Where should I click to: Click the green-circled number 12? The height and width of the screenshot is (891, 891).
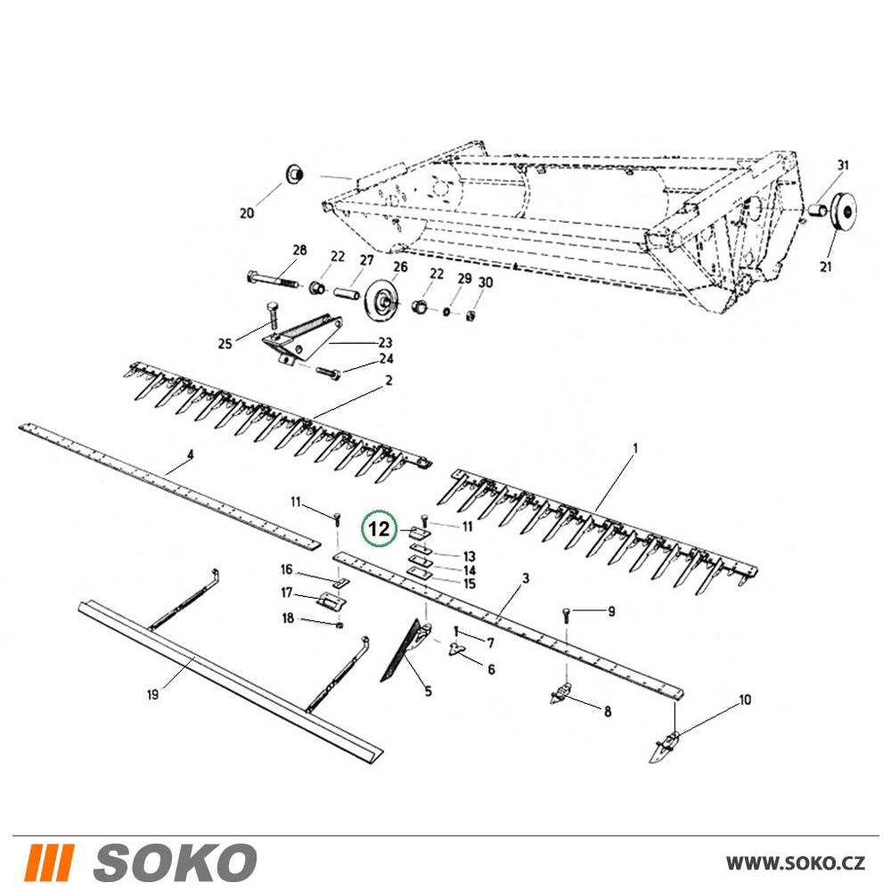(x=379, y=529)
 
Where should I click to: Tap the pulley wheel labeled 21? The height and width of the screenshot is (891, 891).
(x=844, y=212)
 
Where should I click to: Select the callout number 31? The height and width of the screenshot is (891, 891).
(x=843, y=166)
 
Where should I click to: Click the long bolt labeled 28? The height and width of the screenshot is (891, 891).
(x=274, y=280)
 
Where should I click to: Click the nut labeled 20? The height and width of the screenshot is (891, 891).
(x=294, y=173)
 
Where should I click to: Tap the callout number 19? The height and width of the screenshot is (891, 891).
(x=152, y=694)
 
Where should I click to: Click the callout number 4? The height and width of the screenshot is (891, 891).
(x=191, y=454)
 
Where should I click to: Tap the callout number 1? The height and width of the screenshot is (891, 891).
(x=635, y=449)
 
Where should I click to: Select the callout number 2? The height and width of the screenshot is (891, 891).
(x=388, y=380)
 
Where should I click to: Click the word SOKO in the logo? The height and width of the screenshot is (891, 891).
(x=175, y=862)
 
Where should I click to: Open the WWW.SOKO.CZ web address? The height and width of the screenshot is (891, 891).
(x=796, y=862)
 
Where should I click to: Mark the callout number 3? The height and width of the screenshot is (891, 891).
(x=526, y=578)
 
